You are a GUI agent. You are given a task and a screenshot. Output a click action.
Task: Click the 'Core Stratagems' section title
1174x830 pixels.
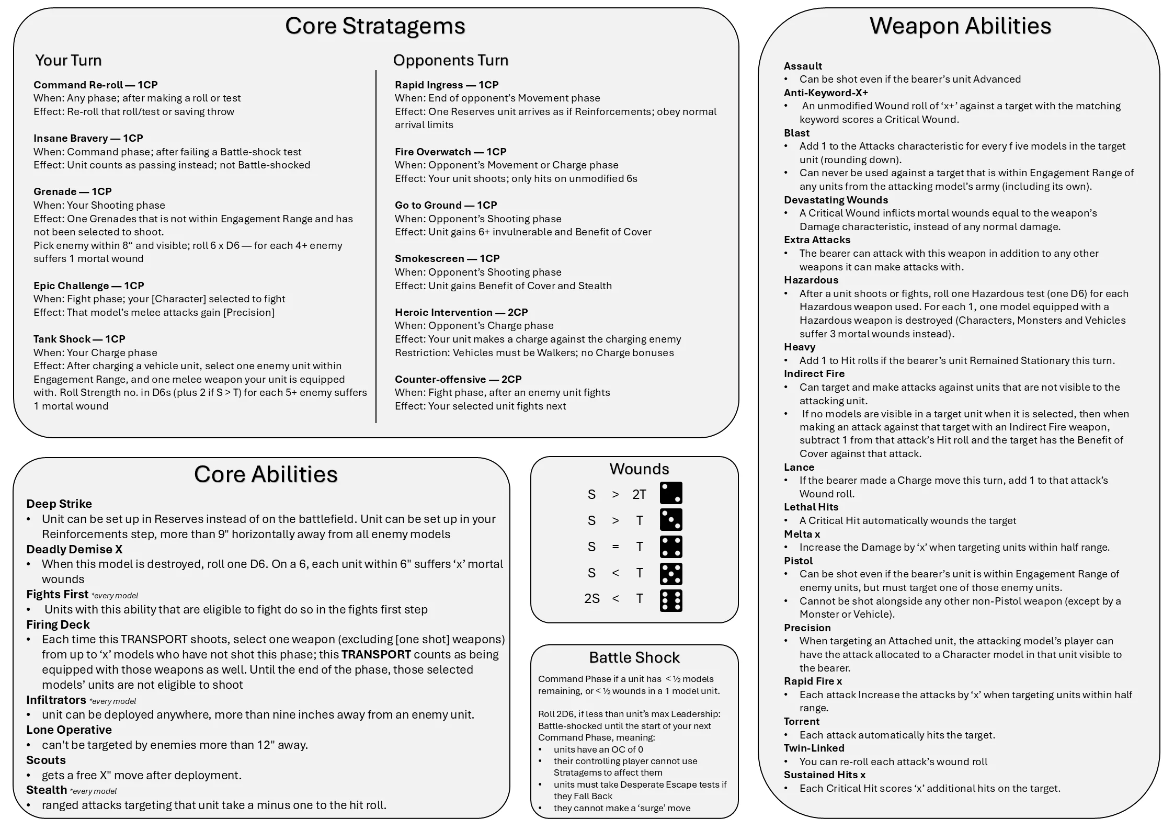coord(375,26)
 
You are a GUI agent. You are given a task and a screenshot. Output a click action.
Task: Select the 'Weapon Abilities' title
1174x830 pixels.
coord(960,26)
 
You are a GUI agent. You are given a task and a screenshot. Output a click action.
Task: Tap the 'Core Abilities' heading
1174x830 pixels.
coord(266,474)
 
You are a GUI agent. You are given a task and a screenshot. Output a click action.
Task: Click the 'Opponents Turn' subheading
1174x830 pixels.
coord(450,60)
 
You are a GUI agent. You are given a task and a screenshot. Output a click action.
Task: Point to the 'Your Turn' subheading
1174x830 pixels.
coord(68,60)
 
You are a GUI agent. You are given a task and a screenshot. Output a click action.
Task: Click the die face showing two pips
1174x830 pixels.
coord(671,493)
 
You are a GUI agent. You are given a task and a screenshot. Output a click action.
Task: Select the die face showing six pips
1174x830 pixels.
coord(671,600)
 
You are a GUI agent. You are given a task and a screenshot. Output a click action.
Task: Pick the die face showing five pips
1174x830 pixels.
coord(671,574)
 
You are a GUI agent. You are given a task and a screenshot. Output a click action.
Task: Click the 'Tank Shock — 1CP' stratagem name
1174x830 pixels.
coord(79,339)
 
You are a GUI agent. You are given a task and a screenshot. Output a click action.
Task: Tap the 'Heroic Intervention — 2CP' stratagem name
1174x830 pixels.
coord(461,312)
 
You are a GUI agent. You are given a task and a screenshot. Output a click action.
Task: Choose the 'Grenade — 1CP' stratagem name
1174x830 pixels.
coord(72,191)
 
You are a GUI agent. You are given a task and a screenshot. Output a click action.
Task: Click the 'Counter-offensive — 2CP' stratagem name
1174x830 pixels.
coord(458,379)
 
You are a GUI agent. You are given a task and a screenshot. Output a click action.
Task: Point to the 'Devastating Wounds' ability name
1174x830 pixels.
coord(836,200)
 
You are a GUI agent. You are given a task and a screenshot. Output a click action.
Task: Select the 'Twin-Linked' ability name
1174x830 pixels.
coord(814,748)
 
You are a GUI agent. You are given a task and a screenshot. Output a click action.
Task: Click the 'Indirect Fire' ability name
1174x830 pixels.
coord(814,373)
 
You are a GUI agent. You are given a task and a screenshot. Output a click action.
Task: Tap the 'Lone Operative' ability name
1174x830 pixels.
coord(69,730)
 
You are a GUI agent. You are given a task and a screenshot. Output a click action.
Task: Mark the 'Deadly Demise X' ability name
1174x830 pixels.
coord(74,549)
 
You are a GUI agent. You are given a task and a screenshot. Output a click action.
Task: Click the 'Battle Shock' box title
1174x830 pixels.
coord(634,657)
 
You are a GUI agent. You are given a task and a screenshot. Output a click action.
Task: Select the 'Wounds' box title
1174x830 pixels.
coord(639,469)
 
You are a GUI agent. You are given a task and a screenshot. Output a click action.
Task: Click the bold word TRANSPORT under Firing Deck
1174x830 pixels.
coord(376,654)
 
